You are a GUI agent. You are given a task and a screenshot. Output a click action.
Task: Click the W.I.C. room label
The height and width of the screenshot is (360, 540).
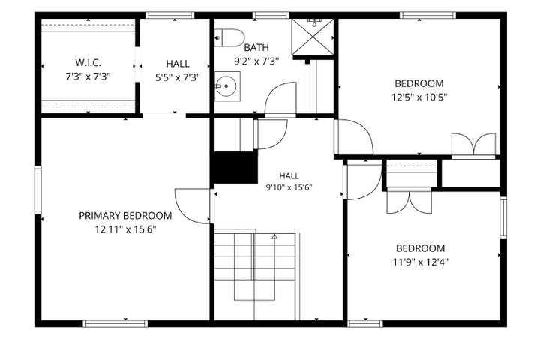(x=88, y=63)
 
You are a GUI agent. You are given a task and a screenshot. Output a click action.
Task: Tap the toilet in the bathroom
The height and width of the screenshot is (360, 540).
(x=229, y=38)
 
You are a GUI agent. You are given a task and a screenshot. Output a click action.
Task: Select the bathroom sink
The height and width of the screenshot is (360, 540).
(x=227, y=86)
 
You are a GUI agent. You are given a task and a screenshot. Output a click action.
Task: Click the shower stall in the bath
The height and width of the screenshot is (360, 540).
(x=313, y=37)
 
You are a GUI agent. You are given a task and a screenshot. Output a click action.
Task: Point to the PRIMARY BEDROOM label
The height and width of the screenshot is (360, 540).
(x=125, y=216)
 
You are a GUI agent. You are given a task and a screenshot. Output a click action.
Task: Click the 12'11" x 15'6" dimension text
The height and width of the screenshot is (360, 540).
(x=126, y=229)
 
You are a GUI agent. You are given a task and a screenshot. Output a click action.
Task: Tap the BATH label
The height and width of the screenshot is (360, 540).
(x=256, y=47)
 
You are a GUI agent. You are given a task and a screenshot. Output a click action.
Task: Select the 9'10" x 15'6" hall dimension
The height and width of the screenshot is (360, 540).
(x=289, y=187)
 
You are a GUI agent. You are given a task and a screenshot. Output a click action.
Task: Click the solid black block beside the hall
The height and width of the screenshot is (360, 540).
(x=236, y=167)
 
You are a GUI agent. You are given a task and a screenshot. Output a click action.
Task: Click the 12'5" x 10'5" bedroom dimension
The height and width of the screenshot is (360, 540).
(x=419, y=97)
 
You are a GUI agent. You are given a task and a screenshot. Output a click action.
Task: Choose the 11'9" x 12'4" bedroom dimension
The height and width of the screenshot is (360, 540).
(x=420, y=262)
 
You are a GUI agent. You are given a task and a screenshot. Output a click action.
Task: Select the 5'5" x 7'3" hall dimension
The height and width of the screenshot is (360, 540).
(x=177, y=77)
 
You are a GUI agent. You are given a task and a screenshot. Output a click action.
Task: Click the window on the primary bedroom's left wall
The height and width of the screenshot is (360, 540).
(x=38, y=190)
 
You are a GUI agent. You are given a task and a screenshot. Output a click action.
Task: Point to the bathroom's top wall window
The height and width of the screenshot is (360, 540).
(x=271, y=15)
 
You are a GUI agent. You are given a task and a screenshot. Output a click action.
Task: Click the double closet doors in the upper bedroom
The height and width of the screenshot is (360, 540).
(x=474, y=145)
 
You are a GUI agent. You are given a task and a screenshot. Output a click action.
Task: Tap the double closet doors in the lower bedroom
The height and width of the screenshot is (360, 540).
(x=409, y=202)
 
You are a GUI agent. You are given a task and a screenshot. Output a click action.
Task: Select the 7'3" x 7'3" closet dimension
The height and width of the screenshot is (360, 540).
(x=88, y=76)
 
